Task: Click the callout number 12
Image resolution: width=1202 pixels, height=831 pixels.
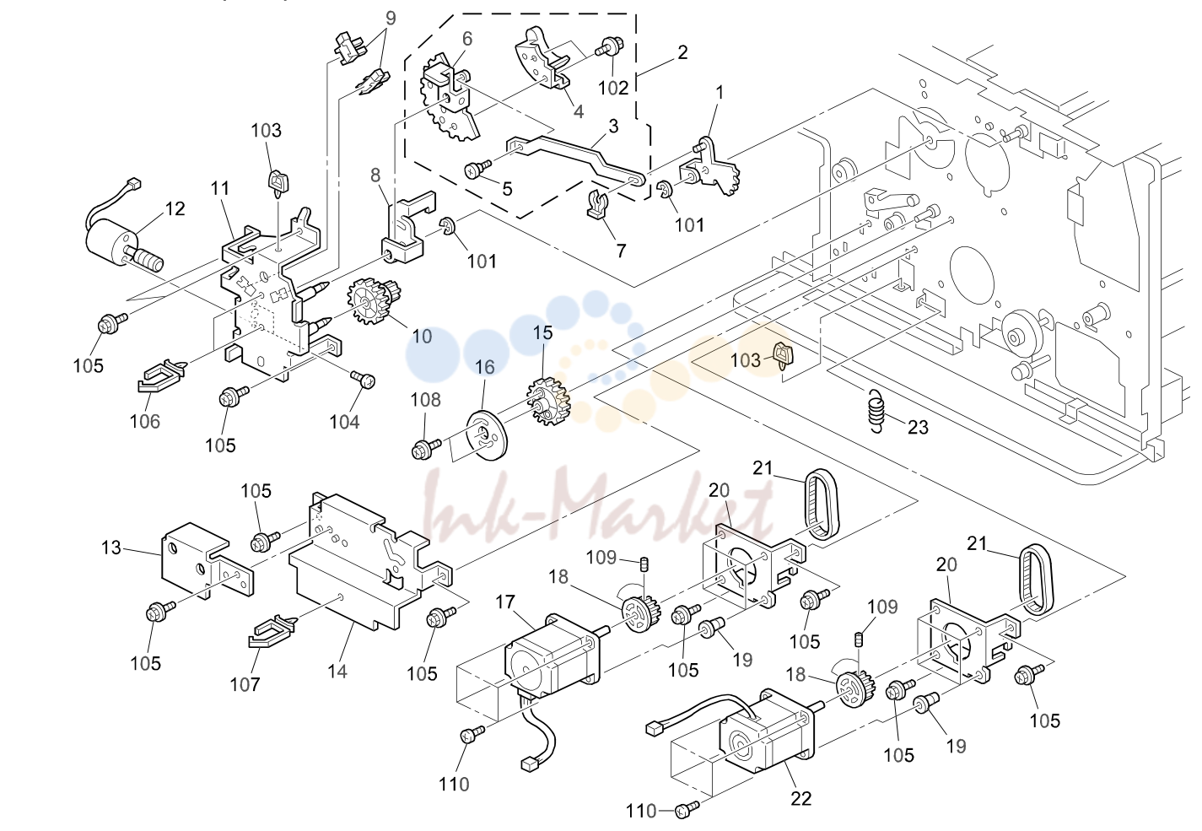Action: (175, 208)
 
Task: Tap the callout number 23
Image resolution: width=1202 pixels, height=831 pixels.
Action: (918, 427)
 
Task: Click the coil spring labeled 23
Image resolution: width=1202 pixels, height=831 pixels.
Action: (876, 411)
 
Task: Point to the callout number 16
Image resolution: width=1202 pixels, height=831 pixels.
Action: (484, 367)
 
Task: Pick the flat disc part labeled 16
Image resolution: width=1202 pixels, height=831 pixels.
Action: (486, 434)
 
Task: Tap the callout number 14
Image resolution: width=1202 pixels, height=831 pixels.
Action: (337, 671)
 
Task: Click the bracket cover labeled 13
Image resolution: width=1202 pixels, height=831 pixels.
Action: (207, 560)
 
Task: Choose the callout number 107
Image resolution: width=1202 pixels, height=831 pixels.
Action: (245, 684)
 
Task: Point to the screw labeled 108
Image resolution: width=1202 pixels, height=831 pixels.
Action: (426, 449)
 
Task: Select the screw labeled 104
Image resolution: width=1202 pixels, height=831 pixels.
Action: (363, 380)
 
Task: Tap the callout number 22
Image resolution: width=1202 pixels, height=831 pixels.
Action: (800, 798)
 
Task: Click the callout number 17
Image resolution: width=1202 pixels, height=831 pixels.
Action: (505, 602)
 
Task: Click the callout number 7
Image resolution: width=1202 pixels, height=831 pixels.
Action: (621, 251)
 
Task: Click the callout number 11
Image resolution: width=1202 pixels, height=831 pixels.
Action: (220, 188)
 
